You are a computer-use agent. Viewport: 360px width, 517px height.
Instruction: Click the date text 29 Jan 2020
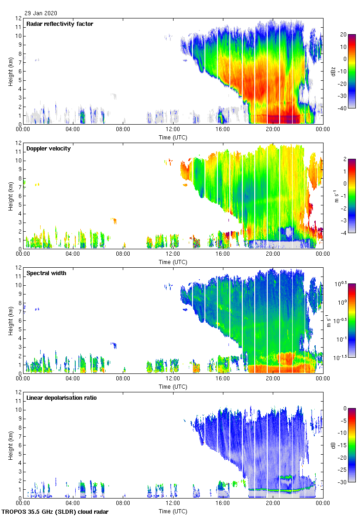pos(41,13)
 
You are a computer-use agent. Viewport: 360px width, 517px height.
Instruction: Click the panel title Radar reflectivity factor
pos(60,24)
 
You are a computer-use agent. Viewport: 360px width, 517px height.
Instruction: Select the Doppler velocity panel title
pos(48,149)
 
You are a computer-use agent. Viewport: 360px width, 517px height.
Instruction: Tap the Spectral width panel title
pos(46,273)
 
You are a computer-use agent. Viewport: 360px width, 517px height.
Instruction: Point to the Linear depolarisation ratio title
pos(61,398)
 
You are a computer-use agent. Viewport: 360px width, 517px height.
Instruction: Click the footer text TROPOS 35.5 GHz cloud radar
pos(55,512)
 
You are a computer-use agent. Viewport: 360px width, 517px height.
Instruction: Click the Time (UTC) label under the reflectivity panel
pos(173,137)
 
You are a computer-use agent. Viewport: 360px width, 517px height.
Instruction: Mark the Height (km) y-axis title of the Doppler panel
pos(11,196)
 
